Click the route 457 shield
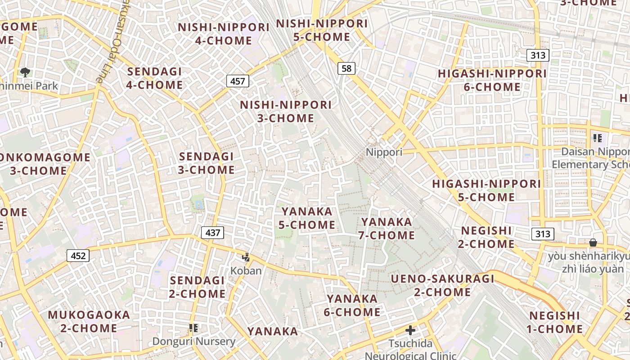pos(237,81)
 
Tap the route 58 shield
pos(346,68)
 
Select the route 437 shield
pos(212,233)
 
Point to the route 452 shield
pos(78,256)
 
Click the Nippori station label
pos(384,152)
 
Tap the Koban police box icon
pos(246,258)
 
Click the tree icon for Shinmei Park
pos(25,72)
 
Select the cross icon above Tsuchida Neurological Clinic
pos(410,331)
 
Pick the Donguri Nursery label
pos(193,341)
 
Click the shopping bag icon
pos(593,243)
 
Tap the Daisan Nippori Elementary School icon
pos(597,138)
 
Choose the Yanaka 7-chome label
pos(387,229)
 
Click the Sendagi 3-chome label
pos(207,163)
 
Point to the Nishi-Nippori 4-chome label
pos(224,34)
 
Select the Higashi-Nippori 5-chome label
pos(486,190)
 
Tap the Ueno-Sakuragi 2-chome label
pos(442,285)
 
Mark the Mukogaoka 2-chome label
pos(89,321)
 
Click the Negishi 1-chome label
pos(554,322)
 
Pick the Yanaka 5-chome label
pos(307,218)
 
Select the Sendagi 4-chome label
pos(155,78)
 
